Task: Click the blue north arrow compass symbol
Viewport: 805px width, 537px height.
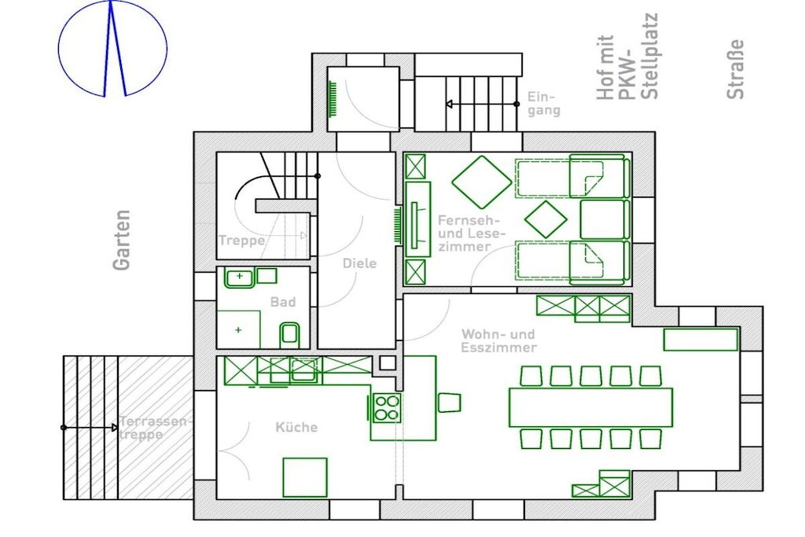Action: click(112, 49)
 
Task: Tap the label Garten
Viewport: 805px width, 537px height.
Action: click(122, 240)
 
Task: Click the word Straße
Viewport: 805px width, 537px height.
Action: click(735, 69)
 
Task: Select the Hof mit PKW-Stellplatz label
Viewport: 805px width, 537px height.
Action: click(627, 57)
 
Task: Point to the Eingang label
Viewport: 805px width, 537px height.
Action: click(544, 104)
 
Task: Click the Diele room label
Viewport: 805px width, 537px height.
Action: click(359, 263)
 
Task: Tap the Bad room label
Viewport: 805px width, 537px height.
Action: click(283, 302)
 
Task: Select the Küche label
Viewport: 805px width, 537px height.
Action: click(296, 427)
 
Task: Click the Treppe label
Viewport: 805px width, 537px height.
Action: click(242, 241)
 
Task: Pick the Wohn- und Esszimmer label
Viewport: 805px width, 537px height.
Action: click(498, 341)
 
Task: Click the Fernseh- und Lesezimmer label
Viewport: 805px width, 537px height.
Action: click(469, 234)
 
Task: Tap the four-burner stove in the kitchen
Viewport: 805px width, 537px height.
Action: click(386, 407)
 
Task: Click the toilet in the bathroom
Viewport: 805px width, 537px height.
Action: click(289, 335)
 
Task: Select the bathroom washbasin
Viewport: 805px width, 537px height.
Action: click(239, 278)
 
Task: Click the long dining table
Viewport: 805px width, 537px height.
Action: click(590, 407)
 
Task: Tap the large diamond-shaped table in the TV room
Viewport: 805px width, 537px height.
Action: click(482, 182)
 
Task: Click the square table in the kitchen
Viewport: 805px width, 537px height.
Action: click(305, 477)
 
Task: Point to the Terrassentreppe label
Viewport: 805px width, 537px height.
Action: click(154, 428)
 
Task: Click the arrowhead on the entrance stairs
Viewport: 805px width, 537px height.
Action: click(449, 105)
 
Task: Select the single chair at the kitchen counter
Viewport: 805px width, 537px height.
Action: click(449, 403)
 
